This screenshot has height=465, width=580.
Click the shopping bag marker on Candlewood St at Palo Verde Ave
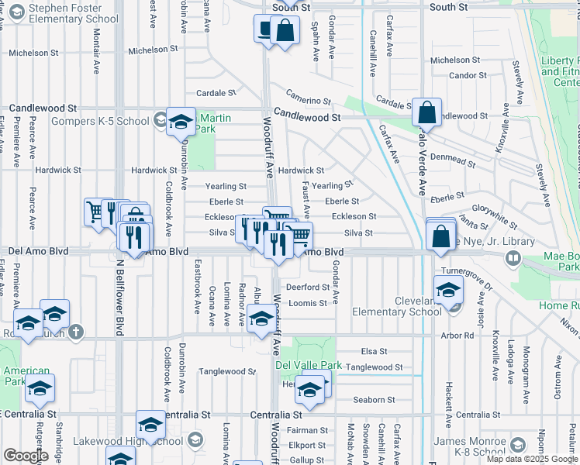[x=426, y=113]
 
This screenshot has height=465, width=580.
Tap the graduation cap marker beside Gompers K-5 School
[x=181, y=122]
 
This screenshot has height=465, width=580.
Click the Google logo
[x=26, y=456]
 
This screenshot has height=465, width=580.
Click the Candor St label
[x=468, y=75]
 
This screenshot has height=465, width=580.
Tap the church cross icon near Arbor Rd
[x=74, y=332]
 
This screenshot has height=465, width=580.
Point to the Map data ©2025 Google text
[x=532, y=459]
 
